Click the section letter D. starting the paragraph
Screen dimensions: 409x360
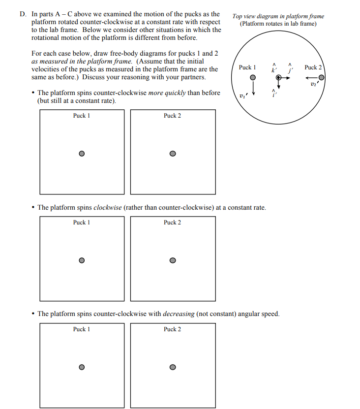tap(23, 14)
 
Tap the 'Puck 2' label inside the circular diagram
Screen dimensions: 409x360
tap(312, 67)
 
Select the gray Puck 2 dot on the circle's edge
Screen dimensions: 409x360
tap(321, 77)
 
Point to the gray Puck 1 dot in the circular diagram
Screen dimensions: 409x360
tap(253, 78)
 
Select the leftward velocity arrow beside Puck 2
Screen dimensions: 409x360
tap(312, 77)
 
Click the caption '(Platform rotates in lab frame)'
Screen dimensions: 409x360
tap(278, 24)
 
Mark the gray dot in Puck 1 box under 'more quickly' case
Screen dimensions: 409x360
tap(82, 153)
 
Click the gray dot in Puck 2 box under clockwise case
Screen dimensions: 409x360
tap(173, 260)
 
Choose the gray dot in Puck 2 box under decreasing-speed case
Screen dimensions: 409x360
tap(173, 367)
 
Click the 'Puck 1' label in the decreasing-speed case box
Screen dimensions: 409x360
tap(82, 329)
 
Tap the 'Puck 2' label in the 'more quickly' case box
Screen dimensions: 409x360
tap(173, 116)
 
